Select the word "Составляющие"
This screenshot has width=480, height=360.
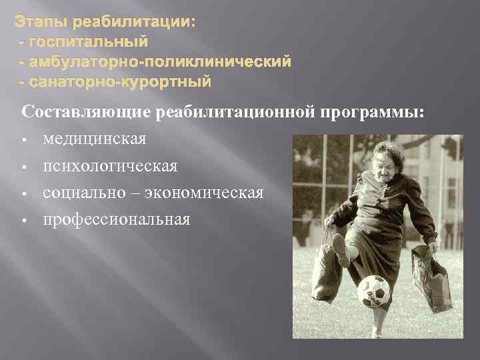(87, 113)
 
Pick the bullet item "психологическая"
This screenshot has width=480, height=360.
(110, 167)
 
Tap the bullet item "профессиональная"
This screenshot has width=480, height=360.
(117, 220)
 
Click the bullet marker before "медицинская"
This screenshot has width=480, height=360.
(23, 141)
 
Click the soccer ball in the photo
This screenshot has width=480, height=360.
(373, 291)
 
